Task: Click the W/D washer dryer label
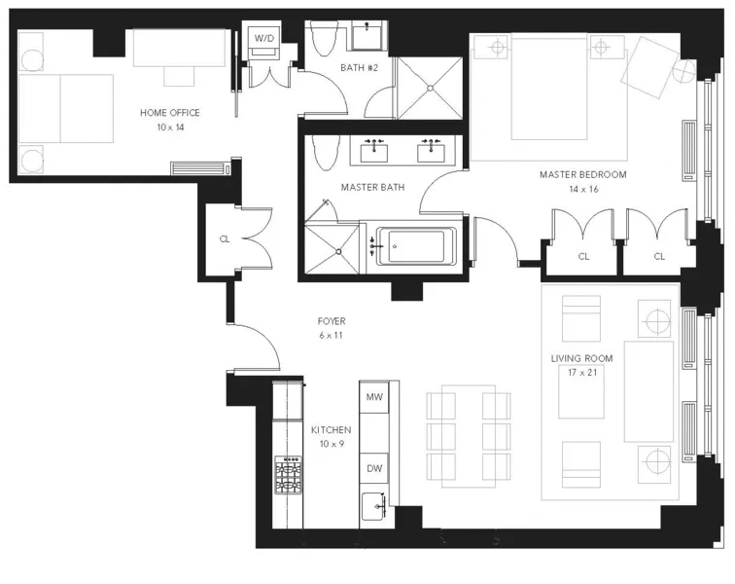(x=264, y=38)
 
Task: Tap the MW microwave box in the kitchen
(x=374, y=398)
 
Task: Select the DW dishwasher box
(x=374, y=468)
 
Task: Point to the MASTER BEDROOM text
(x=583, y=175)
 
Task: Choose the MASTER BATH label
(x=372, y=186)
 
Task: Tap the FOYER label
(x=331, y=321)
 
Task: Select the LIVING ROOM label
(x=580, y=359)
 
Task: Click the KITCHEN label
(x=331, y=430)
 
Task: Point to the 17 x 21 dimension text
(x=580, y=373)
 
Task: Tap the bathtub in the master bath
(x=415, y=246)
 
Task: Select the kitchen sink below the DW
(x=374, y=506)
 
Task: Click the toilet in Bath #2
(x=325, y=39)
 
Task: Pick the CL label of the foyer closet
(x=224, y=237)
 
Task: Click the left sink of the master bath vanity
(x=375, y=150)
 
